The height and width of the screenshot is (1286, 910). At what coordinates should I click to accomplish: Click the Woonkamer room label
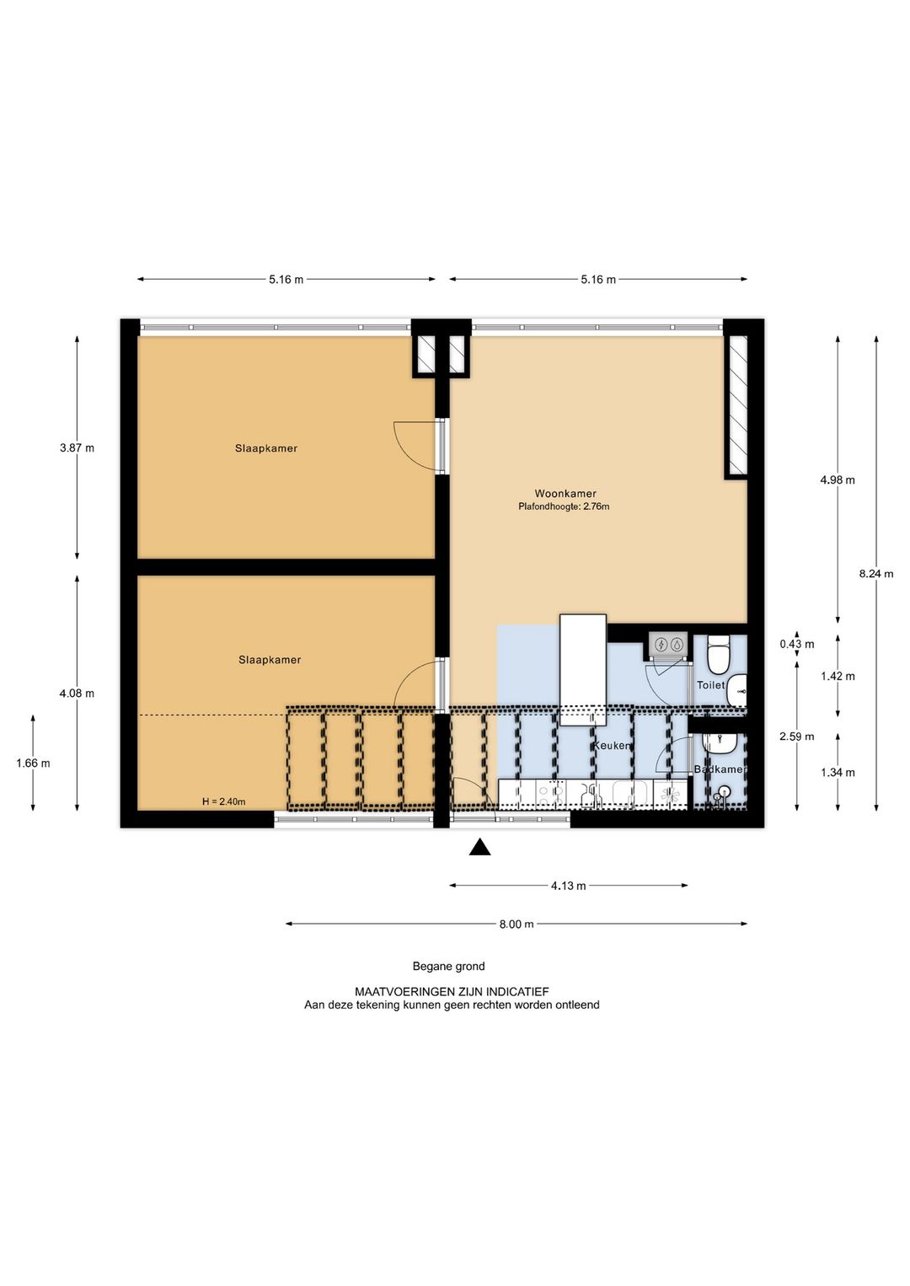tap(565, 493)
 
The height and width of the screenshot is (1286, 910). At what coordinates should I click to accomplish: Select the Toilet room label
tap(711, 685)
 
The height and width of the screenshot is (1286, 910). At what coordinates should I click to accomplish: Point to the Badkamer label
tap(720, 769)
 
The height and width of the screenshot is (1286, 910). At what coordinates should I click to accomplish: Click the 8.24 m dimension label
tap(876, 573)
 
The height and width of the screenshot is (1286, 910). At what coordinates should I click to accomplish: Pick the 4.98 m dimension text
tap(838, 480)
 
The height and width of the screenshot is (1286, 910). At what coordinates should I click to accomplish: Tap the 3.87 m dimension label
tap(77, 447)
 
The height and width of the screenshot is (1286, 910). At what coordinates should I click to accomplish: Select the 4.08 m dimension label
tap(77, 694)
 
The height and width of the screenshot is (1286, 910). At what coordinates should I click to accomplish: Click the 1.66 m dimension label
tap(33, 764)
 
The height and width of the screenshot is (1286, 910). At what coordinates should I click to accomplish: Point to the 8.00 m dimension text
tap(517, 924)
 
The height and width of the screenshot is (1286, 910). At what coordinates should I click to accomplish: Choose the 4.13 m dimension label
tap(569, 886)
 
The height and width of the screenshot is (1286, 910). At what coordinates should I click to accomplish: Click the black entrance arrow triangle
tap(479, 848)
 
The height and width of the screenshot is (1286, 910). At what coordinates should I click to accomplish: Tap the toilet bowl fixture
tap(718, 655)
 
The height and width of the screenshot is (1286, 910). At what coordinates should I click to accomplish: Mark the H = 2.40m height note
tap(224, 801)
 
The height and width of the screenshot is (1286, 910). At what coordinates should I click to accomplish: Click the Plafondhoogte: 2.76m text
tap(564, 506)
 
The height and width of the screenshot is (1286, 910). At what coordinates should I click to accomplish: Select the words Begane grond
tap(449, 967)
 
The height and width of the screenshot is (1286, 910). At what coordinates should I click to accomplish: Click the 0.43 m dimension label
tap(797, 644)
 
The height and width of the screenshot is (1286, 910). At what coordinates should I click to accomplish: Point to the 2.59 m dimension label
tap(797, 737)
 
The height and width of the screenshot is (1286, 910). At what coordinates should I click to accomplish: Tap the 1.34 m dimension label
tap(838, 773)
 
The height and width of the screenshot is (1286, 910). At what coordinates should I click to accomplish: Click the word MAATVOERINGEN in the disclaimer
tap(405, 992)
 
